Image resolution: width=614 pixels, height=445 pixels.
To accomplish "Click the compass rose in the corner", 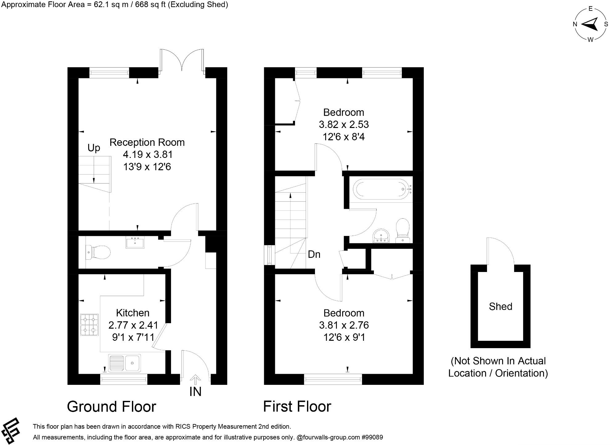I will pyautogui.click(x=590, y=24).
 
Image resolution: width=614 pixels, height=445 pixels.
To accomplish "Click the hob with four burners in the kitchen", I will pyautogui.click(x=89, y=325).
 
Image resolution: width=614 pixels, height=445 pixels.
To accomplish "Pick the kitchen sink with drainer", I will pyautogui.click(x=125, y=362).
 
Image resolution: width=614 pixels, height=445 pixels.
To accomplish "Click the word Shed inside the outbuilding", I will pyautogui.click(x=501, y=306).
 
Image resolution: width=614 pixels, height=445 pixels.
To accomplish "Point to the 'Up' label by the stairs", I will pyautogui.click(x=94, y=148).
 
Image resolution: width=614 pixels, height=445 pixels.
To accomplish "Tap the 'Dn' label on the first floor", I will pyautogui.click(x=314, y=254).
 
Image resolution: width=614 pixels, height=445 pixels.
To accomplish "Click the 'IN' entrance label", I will pyautogui.click(x=195, y=392).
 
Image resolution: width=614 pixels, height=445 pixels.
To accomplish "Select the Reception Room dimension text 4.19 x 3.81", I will pyautogui.click(x=148, y=154).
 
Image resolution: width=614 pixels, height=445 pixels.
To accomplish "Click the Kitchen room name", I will pyautogui.click(x=133, y=313).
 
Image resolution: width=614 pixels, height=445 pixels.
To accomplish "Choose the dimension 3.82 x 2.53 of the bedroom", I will pyautogui.click(x=344, y=124).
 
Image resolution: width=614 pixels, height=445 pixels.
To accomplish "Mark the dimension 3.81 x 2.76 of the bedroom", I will pyautogui.click(x=344, y=325).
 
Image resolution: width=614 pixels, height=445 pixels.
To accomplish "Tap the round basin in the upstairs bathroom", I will pyautogui.click(x=381, y=236).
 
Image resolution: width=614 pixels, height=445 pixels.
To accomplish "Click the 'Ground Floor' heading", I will pyautogui.click(x=112, y=406).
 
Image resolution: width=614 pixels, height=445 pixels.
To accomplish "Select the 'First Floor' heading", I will pyautogui.click(x=297, y=406).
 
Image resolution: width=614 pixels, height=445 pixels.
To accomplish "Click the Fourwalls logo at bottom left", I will pyautogui.click(x=11, y=431).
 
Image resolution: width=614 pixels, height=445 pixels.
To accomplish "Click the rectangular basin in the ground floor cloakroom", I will pyautogui.click(x=135, y=242).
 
